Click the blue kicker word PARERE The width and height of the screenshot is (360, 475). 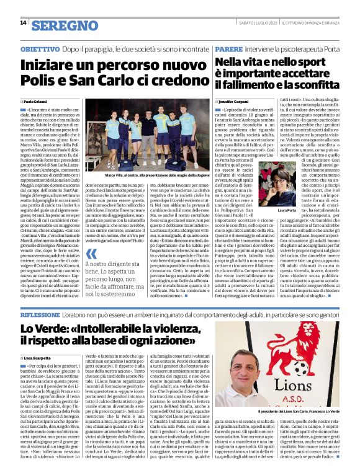(x=230, y=48)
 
